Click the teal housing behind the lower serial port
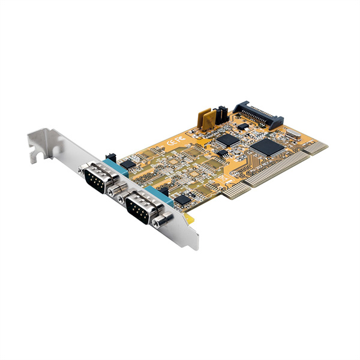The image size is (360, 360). (x=162, y=197)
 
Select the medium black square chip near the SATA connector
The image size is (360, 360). (x=227, y=140)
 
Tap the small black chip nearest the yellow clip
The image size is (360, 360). (x=181, y=198)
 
